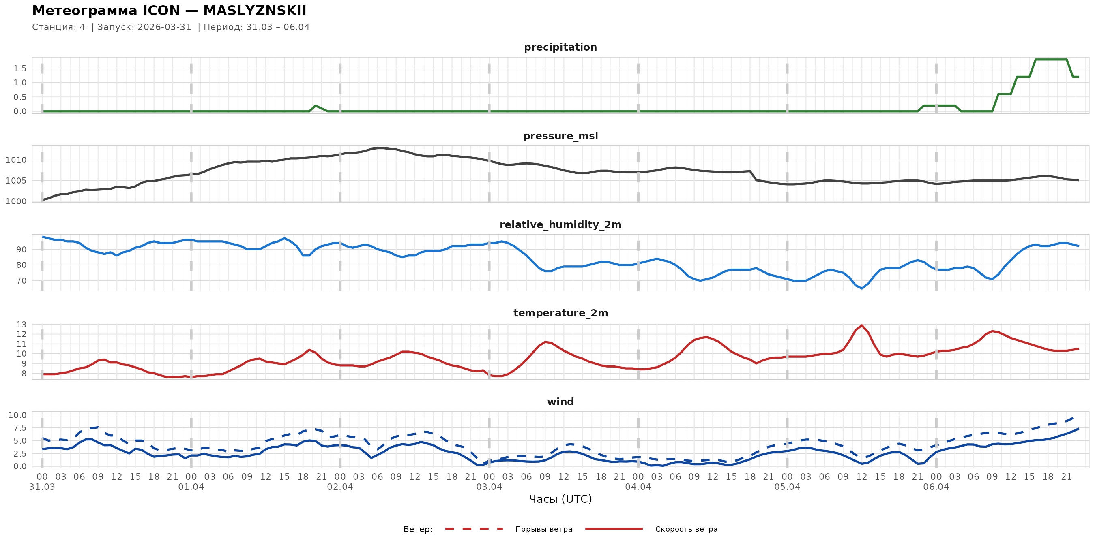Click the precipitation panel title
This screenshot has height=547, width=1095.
click(560, 47)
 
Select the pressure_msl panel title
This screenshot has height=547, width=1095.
click(560, 136)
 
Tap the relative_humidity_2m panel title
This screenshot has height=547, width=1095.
click(560, 224)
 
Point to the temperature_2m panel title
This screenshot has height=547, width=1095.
click(560, 313)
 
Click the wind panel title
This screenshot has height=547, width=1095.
click(560, 402)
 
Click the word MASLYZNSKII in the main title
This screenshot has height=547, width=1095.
click(255, 11)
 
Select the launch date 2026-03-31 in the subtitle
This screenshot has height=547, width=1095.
click(165, 27)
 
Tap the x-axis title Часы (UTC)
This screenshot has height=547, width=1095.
click(560, 499)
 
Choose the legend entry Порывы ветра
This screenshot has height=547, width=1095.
click(544, 529)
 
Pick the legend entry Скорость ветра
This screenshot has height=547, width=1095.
click(686, 529)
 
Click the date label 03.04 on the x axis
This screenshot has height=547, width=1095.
click(489, 487)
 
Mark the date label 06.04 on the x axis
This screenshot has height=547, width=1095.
click(936, 487)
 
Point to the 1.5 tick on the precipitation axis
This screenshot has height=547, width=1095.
click(19, 68)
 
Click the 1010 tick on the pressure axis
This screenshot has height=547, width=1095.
click(16, 160)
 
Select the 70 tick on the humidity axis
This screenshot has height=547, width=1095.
click(21, 281)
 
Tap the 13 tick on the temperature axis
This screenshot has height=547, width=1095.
click(21, 325)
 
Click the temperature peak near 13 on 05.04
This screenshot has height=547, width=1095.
click(862, 326)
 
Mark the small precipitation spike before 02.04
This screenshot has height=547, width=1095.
click(315, 106)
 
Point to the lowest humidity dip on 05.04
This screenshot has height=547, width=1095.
click(862, 288)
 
